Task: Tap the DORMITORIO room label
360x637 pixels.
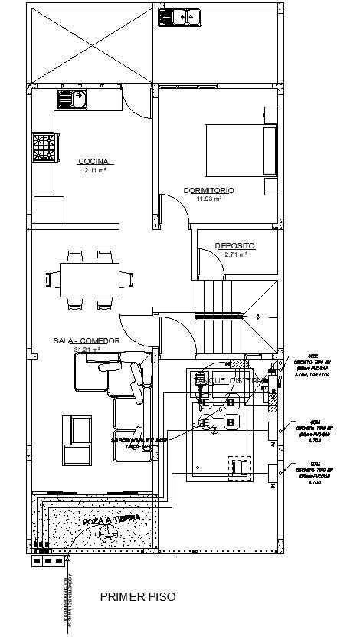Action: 208,189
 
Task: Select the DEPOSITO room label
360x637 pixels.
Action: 234,245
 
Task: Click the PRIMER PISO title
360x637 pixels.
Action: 138,596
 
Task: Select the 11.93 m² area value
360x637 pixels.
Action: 208,199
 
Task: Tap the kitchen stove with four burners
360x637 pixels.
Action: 44,148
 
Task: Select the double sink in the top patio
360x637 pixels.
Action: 180,16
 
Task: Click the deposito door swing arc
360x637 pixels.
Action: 205,261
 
